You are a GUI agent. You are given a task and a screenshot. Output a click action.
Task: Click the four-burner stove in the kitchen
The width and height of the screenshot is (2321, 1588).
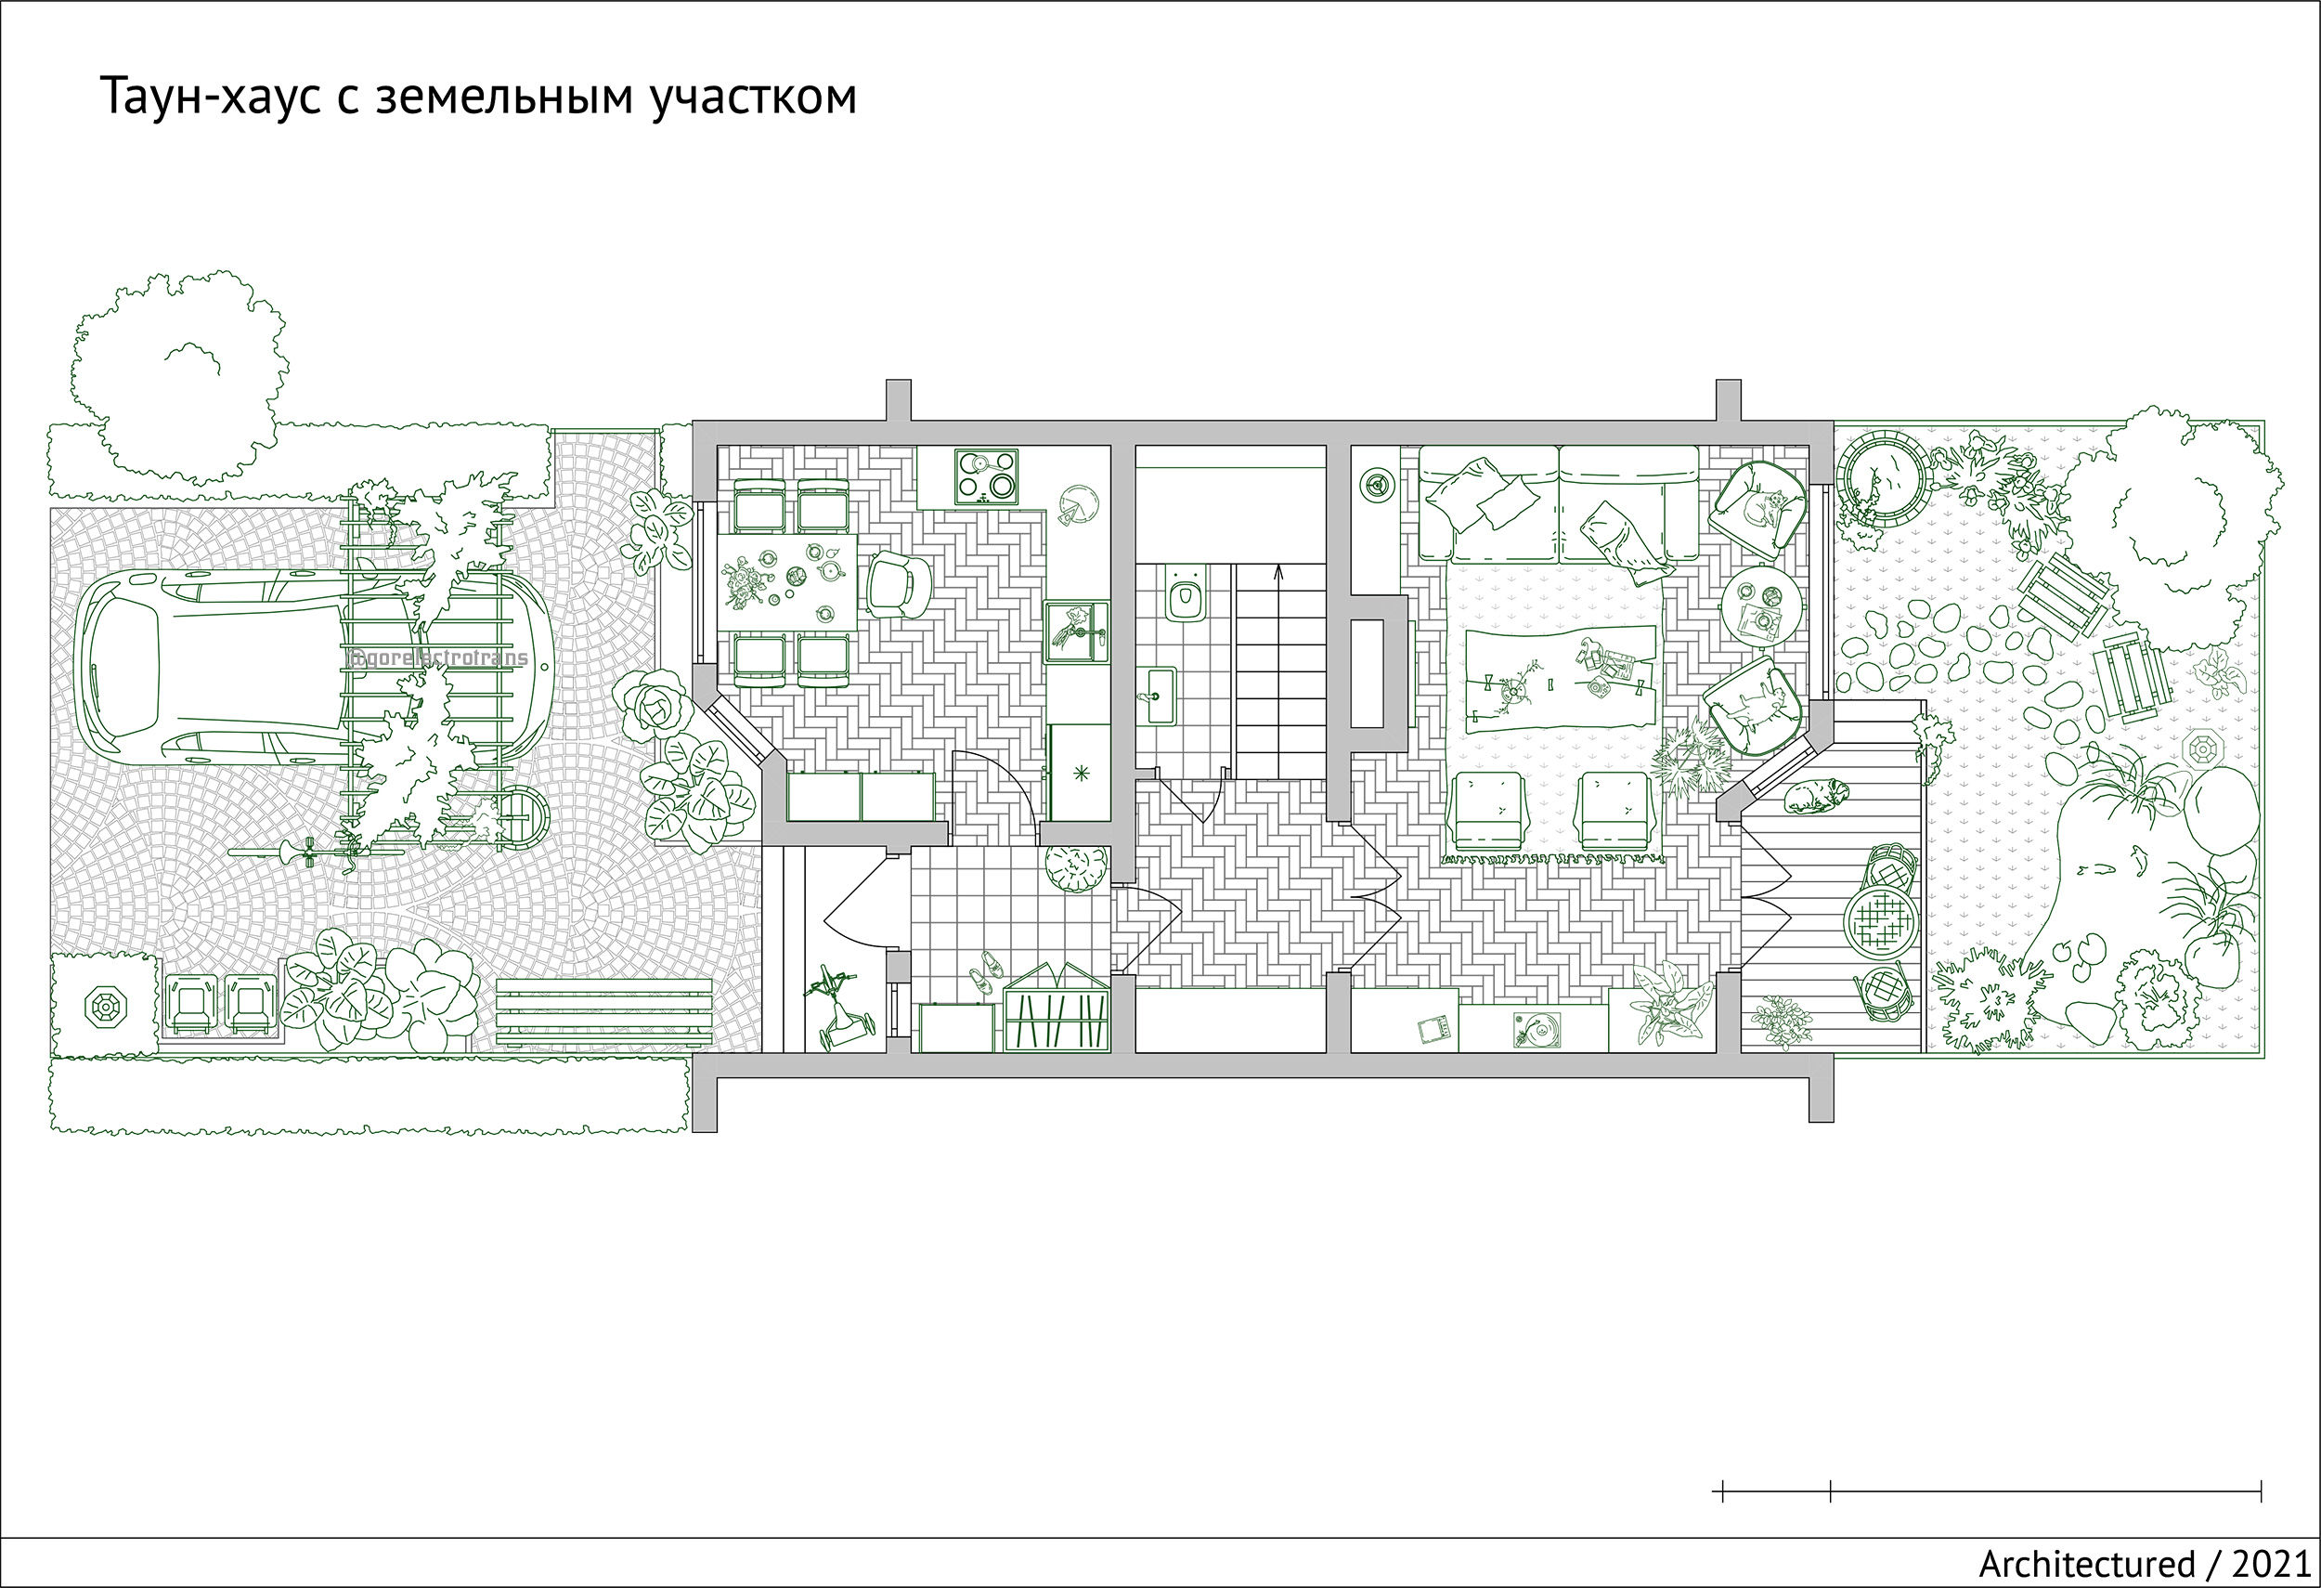(x=987, y=475)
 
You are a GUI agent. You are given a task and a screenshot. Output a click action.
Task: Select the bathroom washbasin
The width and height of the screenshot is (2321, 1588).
(x=1160, y=693)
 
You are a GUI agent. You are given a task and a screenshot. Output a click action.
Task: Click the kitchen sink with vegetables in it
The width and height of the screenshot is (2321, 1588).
(x=1077, y=631)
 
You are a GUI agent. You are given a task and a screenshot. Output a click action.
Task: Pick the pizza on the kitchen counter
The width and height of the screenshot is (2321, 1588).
(x=1074, y=503)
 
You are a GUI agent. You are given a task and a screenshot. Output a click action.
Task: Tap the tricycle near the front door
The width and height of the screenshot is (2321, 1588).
(x=840, y=1003)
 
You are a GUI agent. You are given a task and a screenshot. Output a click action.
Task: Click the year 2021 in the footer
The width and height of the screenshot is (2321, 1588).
(x=2267, y=1564)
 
